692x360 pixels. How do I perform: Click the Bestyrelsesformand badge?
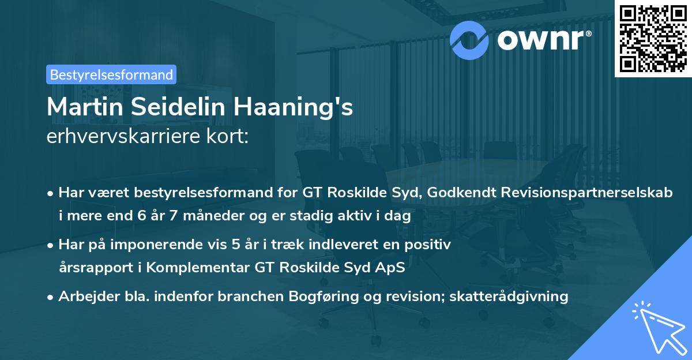coord(111,74)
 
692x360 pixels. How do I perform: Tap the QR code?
coord(652,39)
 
